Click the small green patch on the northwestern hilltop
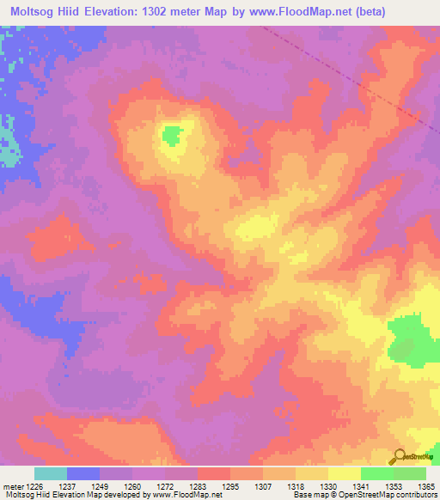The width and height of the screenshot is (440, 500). [x=173, y=135]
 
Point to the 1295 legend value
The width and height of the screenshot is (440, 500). [x=230, y=485]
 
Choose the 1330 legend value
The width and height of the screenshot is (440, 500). [x=327, y=485]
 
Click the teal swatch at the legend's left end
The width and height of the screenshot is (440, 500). [x=51, y=473]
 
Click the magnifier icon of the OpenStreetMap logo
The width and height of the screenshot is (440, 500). [x=398, y=456]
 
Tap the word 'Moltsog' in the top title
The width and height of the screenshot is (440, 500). [x=32, y=11]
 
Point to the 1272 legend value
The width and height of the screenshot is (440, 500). [x=165, y=485]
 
